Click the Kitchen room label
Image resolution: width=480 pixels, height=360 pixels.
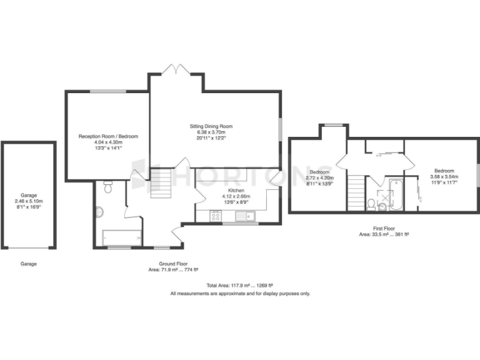(236, 189)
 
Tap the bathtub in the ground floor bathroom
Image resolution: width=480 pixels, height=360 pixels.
(122, 237)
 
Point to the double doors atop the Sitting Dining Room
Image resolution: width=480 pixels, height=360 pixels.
(176, 69)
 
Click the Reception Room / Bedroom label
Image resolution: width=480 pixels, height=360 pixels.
(108, 136)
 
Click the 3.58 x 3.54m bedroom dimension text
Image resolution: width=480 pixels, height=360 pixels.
(444, 177)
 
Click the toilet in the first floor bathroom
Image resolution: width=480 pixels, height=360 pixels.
(371, 204)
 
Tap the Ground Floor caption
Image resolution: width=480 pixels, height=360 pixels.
(173, 264)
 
